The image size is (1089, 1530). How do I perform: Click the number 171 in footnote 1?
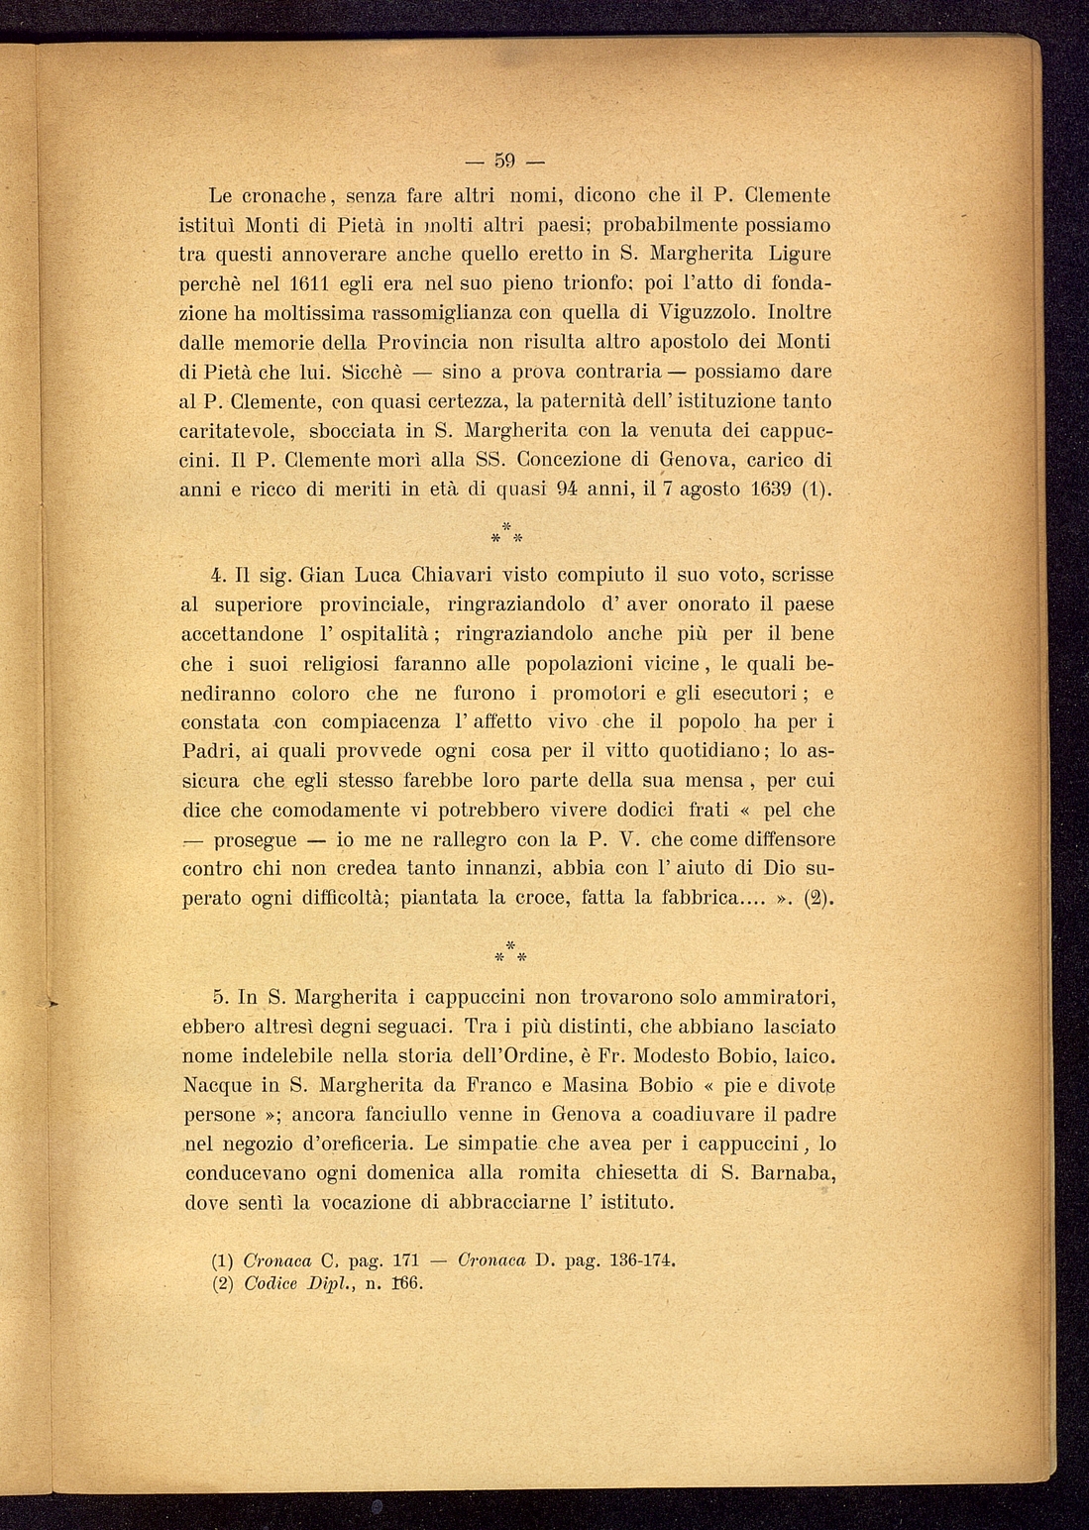(406, 1261)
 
